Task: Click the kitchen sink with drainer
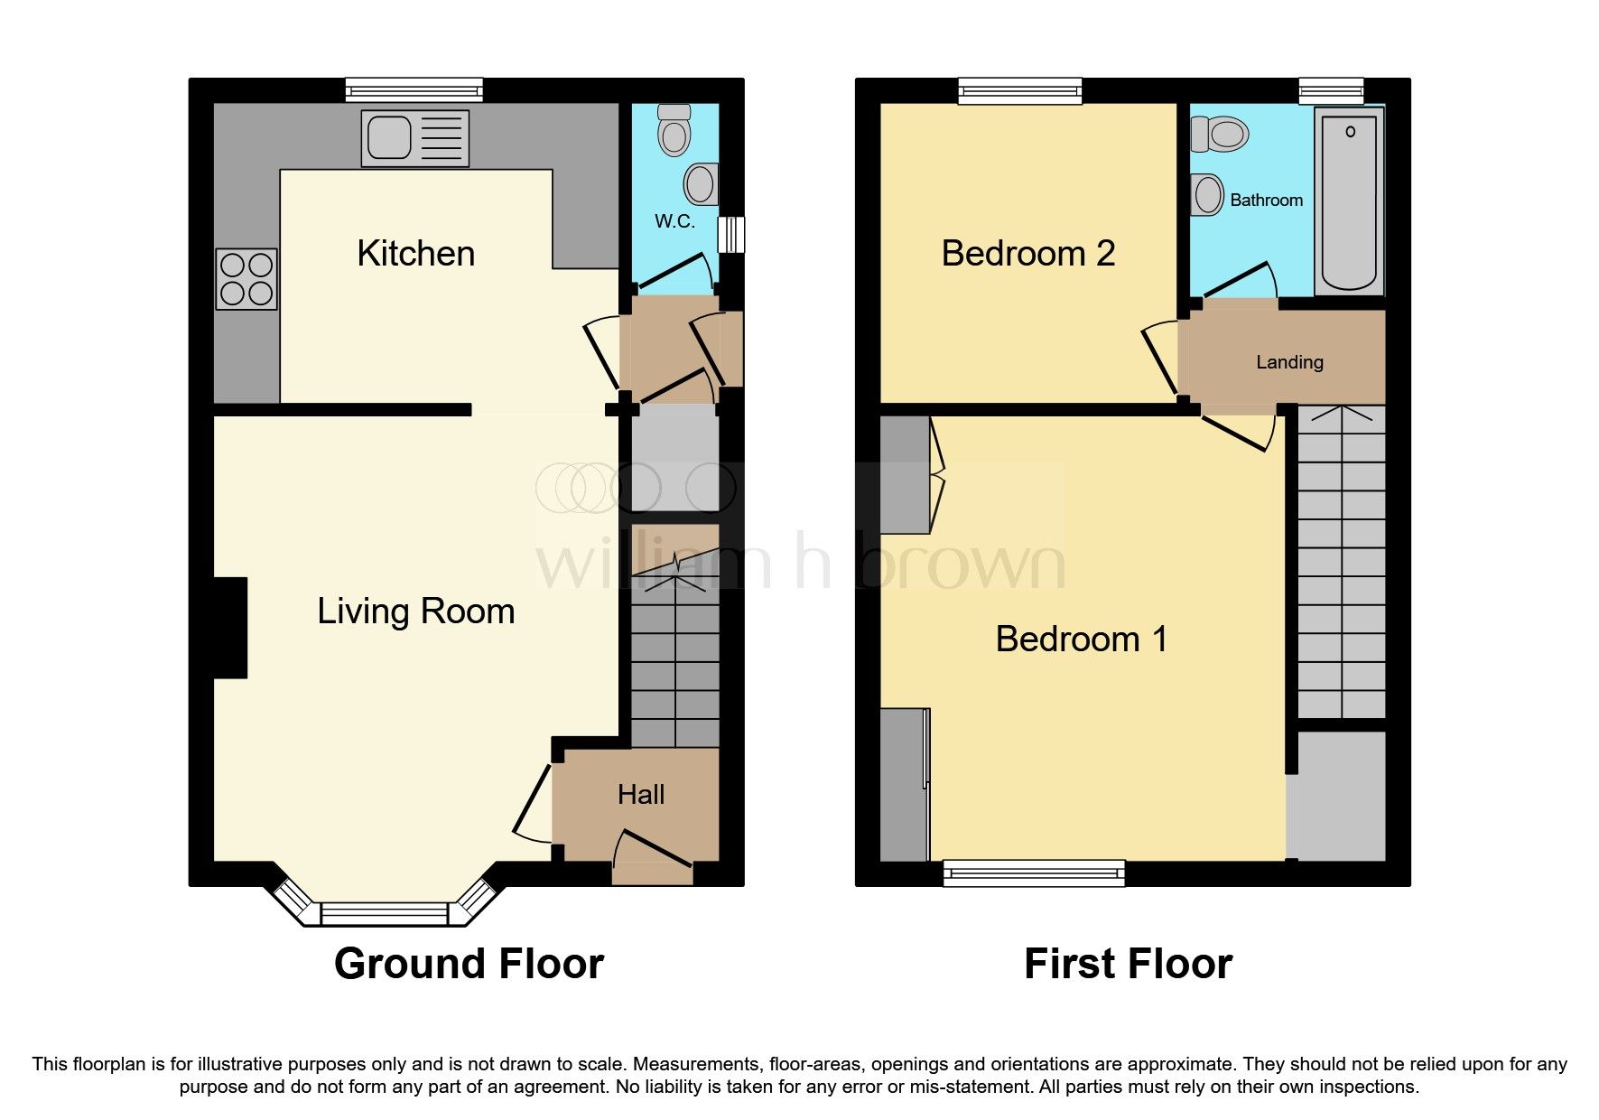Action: click(x=415, y=138)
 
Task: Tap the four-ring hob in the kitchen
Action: click(x=246, y=279)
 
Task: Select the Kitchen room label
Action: click(x=415, y=254)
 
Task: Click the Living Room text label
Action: click(x=415, y=611)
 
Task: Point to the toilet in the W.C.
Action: click(x=674, y=130)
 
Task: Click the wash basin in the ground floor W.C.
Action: click(x=702, y=183)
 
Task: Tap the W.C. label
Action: click(x=674, y=221)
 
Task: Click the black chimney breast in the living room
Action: click(x=230, y=628)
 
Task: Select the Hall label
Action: click(x=640, y=795)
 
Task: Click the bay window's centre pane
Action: click(x=385, y=916)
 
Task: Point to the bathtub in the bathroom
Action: click(x=1349, y=201)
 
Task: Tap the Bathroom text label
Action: click(x=1266, y=201)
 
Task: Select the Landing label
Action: click(x=1289, y=362)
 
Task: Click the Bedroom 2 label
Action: click(x=1027, y=254)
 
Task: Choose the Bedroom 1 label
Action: click(x=1081, y=639)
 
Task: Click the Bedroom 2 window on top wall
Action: click(x=1020, y=89)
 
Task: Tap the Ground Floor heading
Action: click(x=469, y=964)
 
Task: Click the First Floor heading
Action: click(x=1127, y=964)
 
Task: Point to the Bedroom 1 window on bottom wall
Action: click(x=1034, y=873)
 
